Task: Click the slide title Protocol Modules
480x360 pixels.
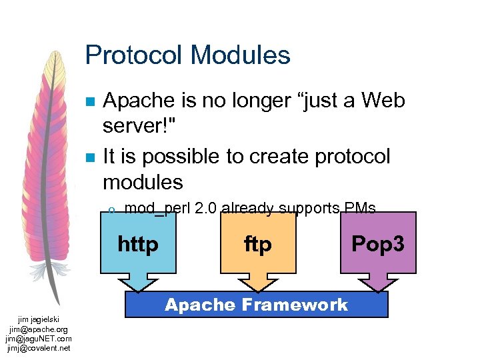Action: [187, 55]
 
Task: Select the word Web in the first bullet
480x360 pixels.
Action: [383, 101]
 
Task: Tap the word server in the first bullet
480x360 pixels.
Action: [133, 127]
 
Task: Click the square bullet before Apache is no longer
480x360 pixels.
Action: [91, 102]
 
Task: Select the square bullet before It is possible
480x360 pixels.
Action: [91, 157]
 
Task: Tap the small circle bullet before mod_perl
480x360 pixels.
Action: [112, 210]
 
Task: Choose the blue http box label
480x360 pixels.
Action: [138, 245]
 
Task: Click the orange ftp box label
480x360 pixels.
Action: [258, 245]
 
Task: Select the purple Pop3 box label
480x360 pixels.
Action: [378, 244]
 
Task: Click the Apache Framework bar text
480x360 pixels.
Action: [256, 305]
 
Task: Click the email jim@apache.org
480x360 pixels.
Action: [38, 329]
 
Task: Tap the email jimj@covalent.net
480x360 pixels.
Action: [38, 348]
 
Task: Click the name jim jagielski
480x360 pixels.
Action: [38, 320]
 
